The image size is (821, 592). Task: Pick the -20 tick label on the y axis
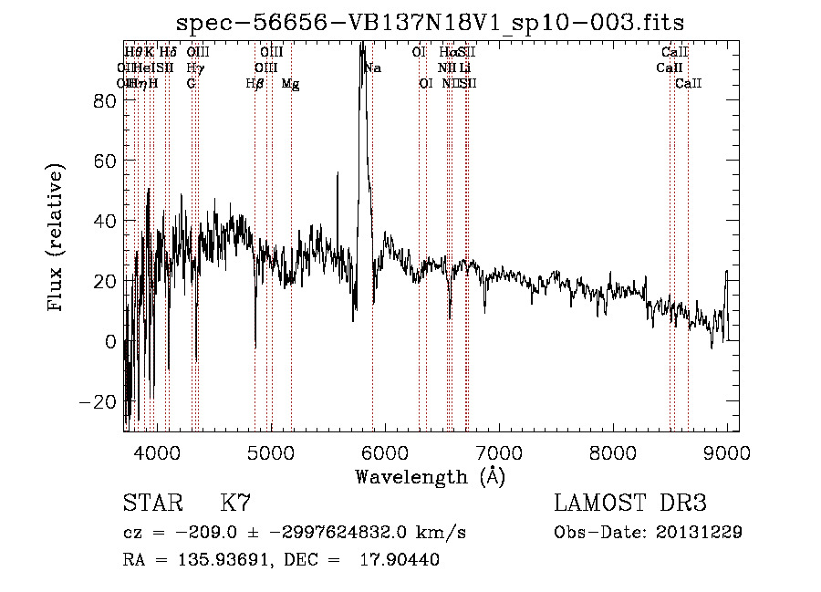point(99,401)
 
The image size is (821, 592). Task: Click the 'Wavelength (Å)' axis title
point(430,475)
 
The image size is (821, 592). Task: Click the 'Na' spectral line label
point(372,68)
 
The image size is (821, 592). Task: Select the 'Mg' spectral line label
point(290,84)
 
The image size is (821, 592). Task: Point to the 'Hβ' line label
point(255,84)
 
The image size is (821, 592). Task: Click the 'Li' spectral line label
point(465,68)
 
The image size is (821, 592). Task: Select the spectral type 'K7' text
point(235,504)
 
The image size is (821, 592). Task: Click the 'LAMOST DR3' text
point(630,504)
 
